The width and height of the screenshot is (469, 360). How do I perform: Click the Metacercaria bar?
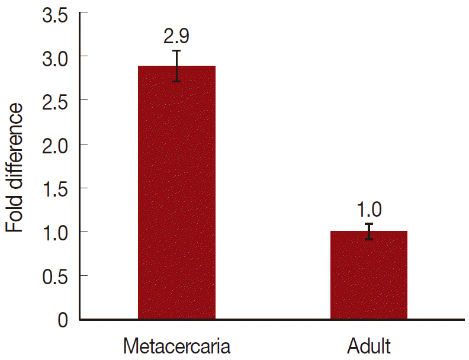(176, 195)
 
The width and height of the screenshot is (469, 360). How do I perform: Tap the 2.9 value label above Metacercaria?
(176, 37)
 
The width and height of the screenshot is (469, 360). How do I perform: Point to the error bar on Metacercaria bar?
(176, 66)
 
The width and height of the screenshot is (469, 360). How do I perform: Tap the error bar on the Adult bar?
(368, 231)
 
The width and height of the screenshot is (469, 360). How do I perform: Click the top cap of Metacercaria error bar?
(176, 51)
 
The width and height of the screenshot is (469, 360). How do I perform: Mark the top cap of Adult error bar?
(368, 224)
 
